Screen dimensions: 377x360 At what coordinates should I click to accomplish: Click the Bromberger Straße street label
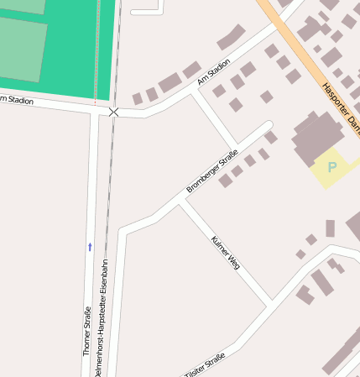coord(212,171)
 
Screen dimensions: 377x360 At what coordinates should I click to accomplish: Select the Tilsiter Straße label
coord(206,366)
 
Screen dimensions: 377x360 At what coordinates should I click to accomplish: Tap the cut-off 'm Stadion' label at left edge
coord(17,100)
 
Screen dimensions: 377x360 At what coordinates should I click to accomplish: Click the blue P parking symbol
coord(331,168)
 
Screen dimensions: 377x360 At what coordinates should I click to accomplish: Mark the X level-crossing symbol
coord(114,111)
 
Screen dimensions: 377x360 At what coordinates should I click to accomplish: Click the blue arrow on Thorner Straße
coord(90,246)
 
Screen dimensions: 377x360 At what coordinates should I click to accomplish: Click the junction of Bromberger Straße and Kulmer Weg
coord(180,202)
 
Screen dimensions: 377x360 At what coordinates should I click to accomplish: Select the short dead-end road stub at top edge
coord(147,10)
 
